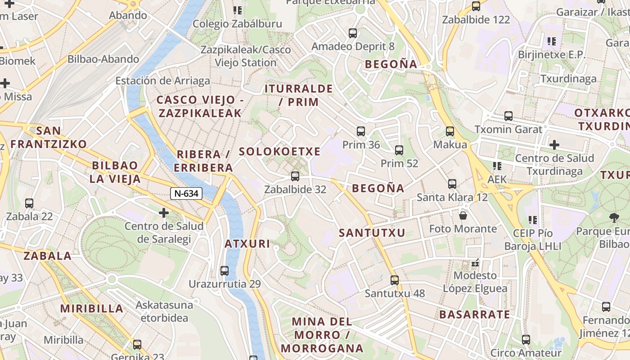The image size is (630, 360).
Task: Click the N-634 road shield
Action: point(186,193)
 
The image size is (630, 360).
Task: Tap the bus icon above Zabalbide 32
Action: point(295,176)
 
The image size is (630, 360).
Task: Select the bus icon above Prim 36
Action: point(361,131)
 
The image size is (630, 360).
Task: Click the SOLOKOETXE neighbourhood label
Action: point(279,152)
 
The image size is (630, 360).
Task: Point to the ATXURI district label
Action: point(247,244)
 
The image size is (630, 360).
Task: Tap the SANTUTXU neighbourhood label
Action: point(372,233)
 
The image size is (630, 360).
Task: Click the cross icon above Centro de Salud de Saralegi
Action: point(164,212)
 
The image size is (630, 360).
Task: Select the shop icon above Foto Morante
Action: point(463,216)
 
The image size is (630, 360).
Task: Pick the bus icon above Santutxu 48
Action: point(395,280)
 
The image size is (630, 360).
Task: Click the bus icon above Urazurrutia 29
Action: point(225,271)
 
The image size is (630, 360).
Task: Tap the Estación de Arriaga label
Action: point(162,81)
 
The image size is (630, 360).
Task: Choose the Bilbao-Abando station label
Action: point(103,59)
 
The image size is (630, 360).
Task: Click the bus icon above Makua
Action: point(450,131)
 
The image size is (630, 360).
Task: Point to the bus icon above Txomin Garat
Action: point(508,116)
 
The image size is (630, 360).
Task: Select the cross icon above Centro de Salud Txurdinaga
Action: point(554,145)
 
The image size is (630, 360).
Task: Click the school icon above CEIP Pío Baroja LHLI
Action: point(533,220)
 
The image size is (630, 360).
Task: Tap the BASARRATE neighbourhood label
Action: point(475,315)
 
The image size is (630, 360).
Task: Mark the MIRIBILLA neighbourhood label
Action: point(92,309)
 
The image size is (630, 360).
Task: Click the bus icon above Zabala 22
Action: point(29,203)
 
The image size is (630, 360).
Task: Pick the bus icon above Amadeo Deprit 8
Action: point(353,33)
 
